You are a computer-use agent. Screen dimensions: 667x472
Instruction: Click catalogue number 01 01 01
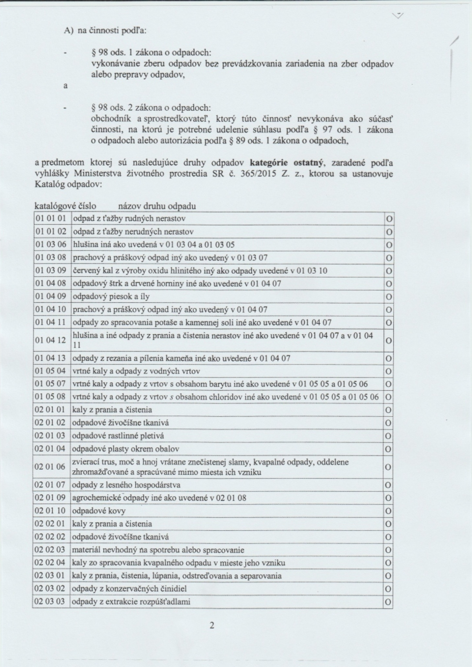[x=51, y=218]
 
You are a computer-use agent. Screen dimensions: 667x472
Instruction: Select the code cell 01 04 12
[x=51, y=340]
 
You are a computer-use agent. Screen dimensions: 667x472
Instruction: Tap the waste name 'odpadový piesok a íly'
[x=111, y=296]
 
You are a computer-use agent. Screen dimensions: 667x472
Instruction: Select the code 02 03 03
[x=50, y=601]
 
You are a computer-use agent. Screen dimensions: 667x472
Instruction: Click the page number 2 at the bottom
[x=212, y=625]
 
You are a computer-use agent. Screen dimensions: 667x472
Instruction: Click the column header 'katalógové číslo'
[x=65, y=206]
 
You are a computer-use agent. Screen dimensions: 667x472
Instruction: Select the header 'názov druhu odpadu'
[x=157, y=206]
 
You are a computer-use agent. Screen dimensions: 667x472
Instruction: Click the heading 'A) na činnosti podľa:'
[x=105, y=31]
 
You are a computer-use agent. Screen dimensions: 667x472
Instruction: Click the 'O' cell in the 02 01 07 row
[x=388, y=485]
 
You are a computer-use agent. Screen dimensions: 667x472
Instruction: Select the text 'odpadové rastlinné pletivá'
[x=118, y=436]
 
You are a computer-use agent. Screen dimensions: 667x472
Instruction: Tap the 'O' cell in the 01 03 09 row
[x=389, y=271]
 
